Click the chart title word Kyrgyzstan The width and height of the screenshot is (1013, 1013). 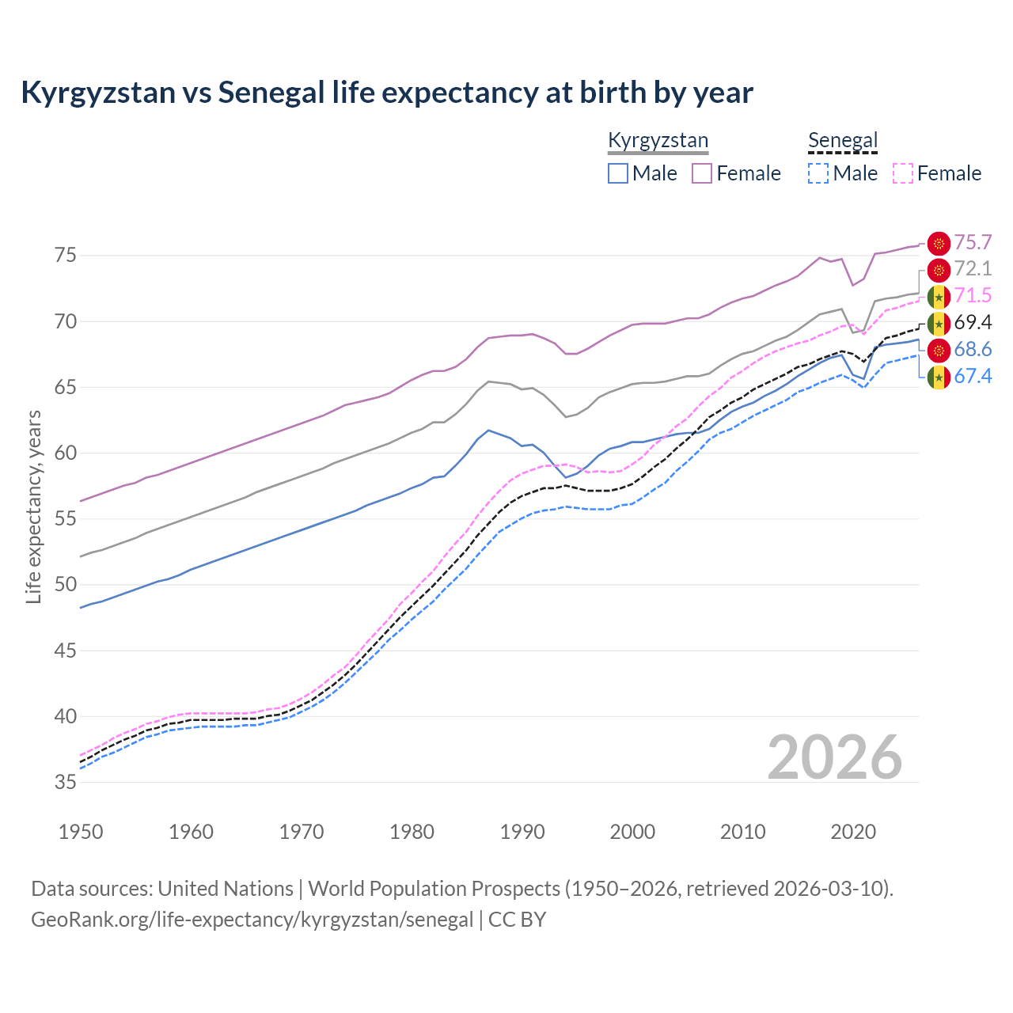click(98, 93)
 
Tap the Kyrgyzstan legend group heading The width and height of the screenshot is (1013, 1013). click(658, 141)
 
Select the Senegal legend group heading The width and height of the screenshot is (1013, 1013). click(843, 141)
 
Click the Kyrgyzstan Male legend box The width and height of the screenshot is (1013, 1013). click(618, 173)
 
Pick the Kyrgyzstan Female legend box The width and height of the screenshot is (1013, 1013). click(702, 173)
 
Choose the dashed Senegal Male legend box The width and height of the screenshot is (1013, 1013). click(818, 173)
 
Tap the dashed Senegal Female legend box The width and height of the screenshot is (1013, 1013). click(903, 173)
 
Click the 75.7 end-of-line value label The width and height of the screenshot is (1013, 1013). click(973, 243)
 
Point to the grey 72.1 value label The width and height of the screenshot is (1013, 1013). click(973, 269)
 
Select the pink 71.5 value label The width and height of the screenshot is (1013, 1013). click(973, 296)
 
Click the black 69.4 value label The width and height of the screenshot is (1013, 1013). click(973, 323)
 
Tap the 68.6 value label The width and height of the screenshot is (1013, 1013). click(973, 350)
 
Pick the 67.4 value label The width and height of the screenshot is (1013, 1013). click(973, 377)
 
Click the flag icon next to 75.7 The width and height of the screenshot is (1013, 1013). click(939, 244)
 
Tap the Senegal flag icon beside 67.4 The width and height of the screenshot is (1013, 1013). click(939, 378)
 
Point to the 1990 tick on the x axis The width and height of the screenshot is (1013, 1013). click(522, 832)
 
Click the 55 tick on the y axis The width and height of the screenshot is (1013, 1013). click(66, 519)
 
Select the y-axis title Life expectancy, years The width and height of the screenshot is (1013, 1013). click(33, 506)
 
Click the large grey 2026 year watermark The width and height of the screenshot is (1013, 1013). click(835, 758)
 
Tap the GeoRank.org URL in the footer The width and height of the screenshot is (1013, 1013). click(252, 920)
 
